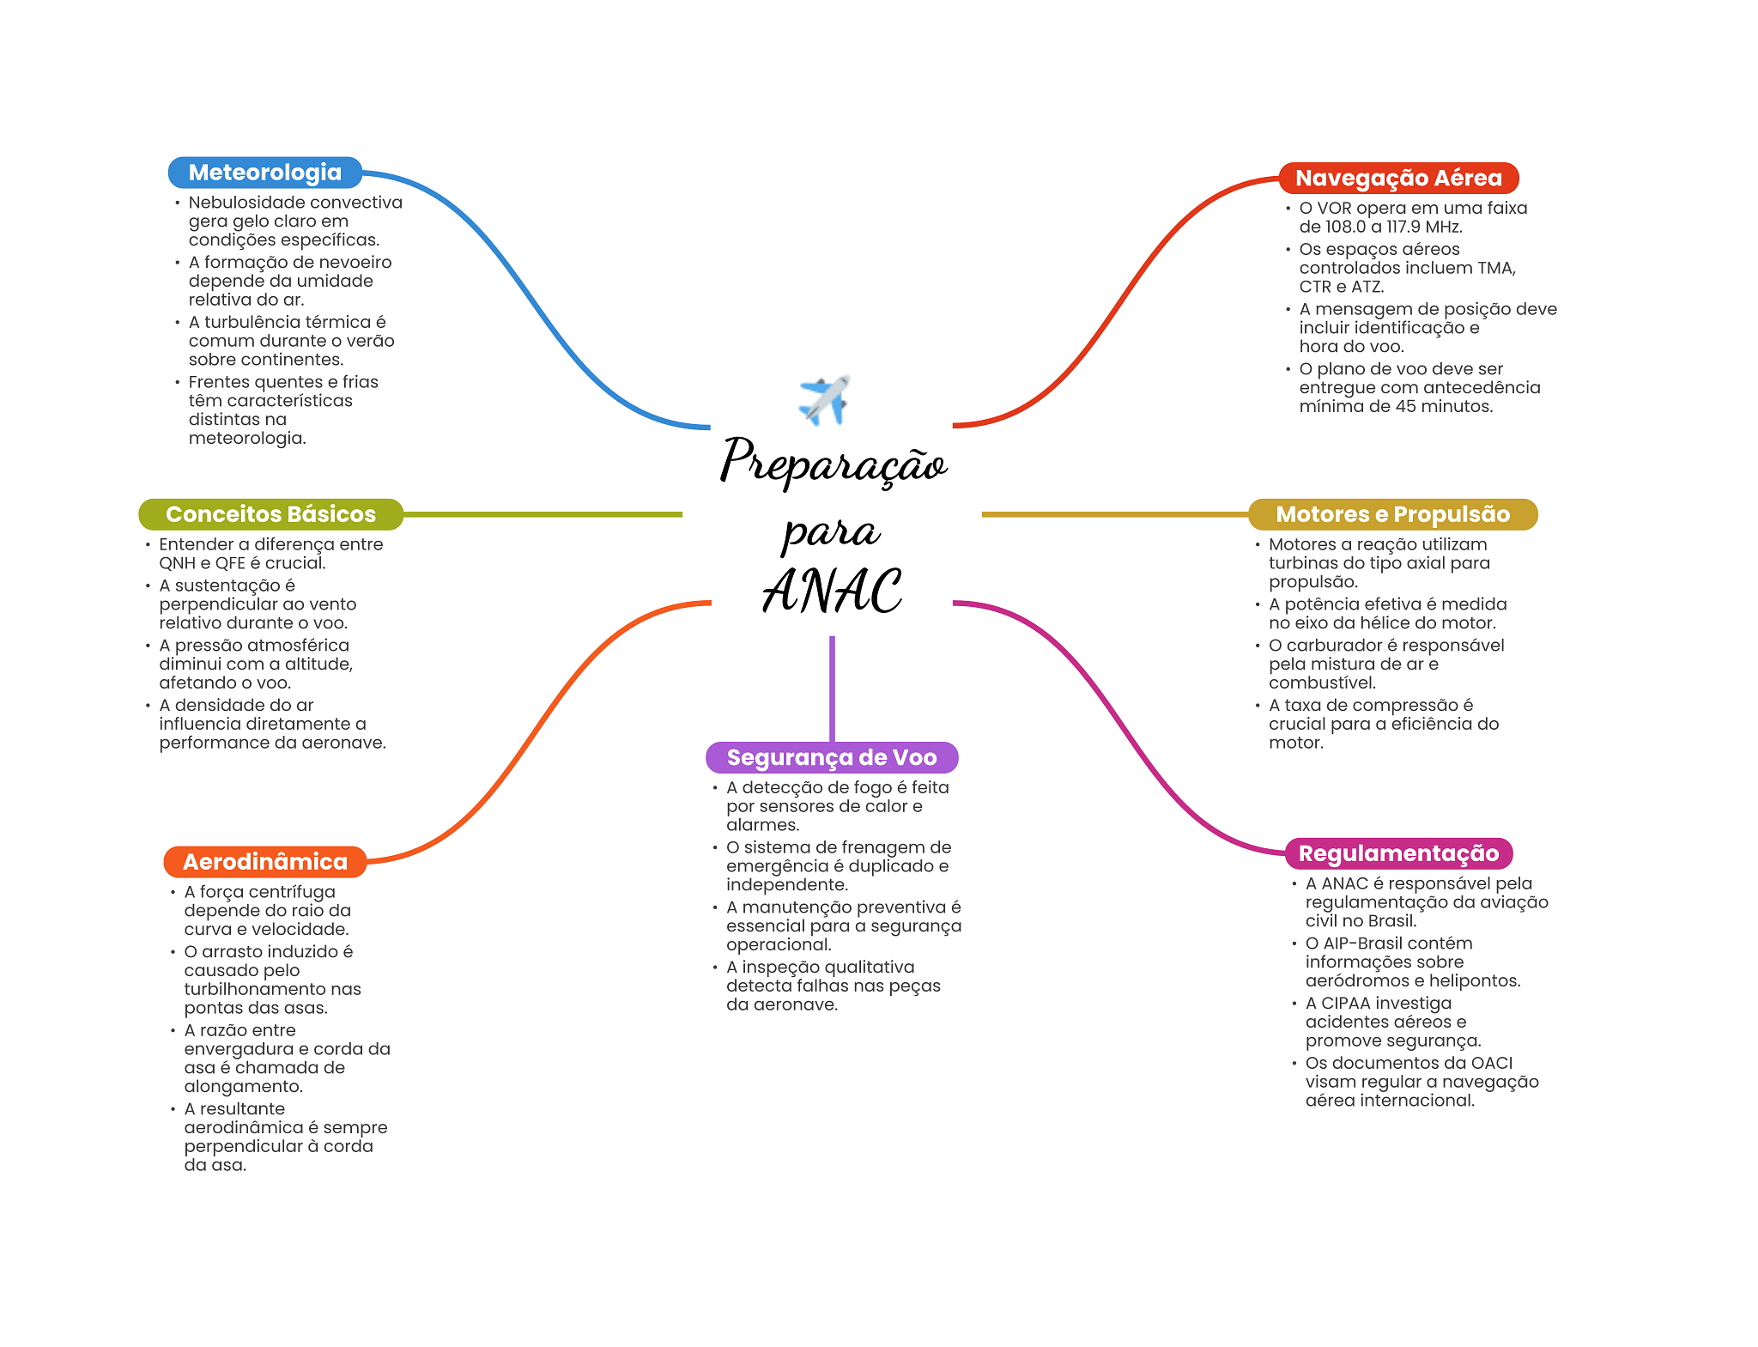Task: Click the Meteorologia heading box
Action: [x=264, y=173]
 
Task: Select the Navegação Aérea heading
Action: [x=1397, y=178]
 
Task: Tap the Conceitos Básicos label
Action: [x=270, y=514]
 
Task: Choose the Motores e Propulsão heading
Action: [x=1391, y=514]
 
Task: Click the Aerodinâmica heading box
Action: [x=264, y=862]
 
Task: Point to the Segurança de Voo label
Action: [x=831, y=757]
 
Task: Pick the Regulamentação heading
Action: [x=1397, y=853]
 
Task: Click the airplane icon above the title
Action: [x=824, y=399]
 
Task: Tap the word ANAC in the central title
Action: [x=832, y=592]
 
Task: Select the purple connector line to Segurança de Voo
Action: [x=832, y=687]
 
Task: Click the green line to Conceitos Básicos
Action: [x=541, y=514]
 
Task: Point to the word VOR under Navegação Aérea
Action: [x=1333, y=208]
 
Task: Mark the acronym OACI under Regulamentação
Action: [x=1491, y=1063]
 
